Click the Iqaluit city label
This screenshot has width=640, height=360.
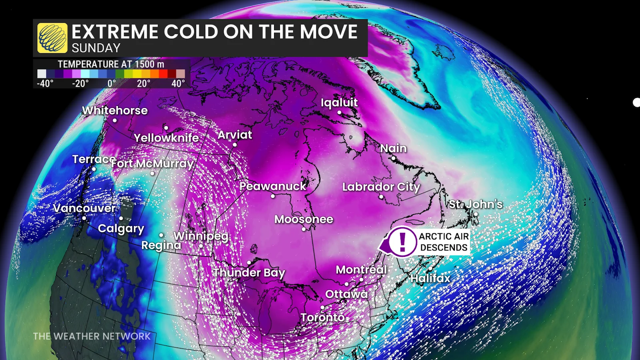pos(339,102)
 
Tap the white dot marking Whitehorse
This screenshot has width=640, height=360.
pos(115,120)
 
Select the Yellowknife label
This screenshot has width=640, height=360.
pos(166,138)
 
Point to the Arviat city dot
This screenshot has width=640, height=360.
pos(235,145)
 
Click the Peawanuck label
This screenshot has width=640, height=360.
pos(273,186)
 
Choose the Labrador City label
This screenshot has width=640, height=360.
pos(381,187)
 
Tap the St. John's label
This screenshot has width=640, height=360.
pos(476,204)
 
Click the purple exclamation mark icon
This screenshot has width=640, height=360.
pos(402,242)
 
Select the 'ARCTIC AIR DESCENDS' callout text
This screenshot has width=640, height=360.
pos(444,242)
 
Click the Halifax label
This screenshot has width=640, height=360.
pos(430,278)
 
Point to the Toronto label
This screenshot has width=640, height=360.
pos(322,318)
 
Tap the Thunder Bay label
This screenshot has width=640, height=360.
pos(249,273)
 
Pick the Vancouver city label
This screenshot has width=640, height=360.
pos(84,208)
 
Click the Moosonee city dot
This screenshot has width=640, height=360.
pos(304,229)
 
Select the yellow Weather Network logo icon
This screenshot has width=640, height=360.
pos(52,38)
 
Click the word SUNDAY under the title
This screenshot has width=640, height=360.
pos(96,48)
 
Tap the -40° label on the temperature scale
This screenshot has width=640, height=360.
pos(45,84)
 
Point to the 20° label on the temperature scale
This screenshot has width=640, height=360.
pos(144,84)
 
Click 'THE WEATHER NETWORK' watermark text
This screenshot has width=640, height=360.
pos(92,336)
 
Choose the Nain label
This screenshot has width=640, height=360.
pos(394,148)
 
